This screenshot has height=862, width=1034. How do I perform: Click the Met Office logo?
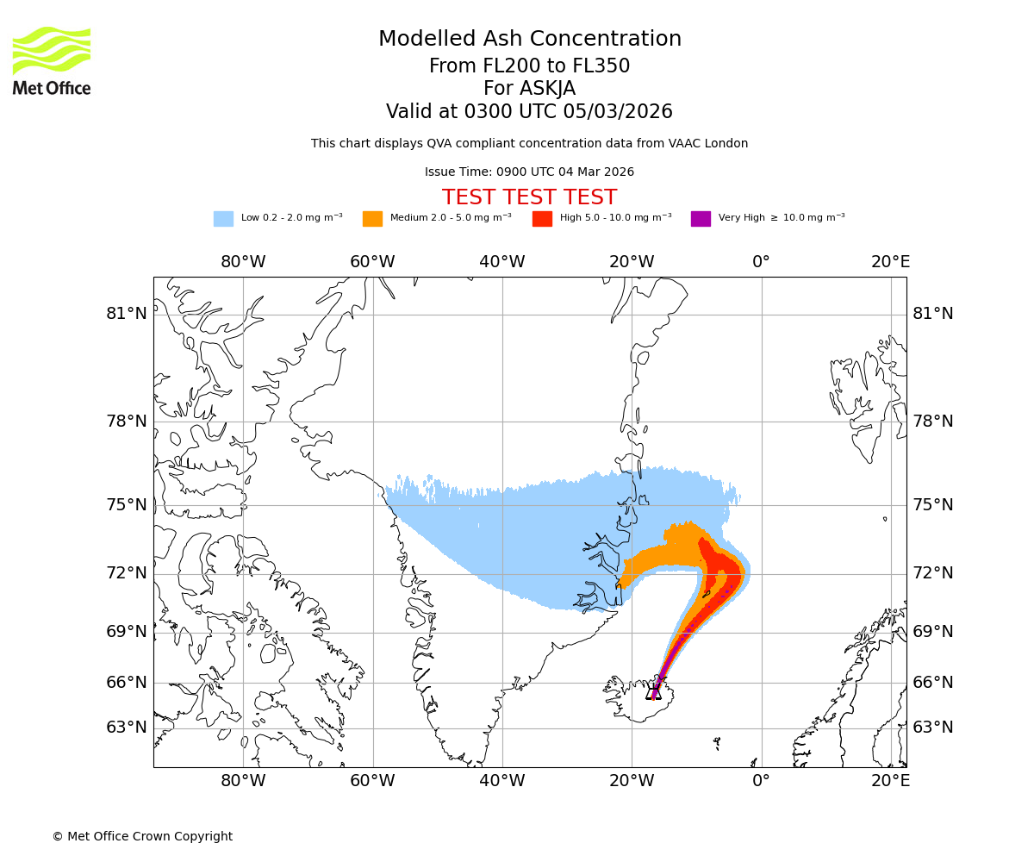point(52,60)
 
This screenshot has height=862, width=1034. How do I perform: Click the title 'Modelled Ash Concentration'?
point(530,40)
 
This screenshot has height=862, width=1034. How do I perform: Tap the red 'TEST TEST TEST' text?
point(529,198)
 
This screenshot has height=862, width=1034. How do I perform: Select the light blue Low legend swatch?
point(223,219)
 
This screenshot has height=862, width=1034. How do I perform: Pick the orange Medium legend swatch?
point(372,219)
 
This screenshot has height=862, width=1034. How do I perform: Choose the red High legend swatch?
point(542,219)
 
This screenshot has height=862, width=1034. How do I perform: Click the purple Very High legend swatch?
point(701,219)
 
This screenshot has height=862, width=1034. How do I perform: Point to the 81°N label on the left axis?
point(127,314)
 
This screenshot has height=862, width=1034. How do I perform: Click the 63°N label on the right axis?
point(933,728)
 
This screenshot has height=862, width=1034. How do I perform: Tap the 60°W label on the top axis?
point(372,262)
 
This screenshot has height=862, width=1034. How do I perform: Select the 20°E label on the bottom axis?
point(890,781)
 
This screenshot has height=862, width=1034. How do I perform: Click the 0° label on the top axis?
point(761,262)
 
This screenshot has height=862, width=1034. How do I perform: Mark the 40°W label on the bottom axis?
point(502,781)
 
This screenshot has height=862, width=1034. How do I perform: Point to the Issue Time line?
point(529,172)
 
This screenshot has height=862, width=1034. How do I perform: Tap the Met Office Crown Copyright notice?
point(142,837)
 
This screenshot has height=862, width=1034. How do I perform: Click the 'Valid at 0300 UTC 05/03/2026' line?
point(529,112)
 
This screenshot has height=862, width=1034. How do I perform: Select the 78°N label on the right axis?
point(933,422)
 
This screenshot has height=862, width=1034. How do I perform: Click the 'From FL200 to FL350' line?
point(529,66)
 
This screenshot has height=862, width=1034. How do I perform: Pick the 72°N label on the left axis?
point(127,573)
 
